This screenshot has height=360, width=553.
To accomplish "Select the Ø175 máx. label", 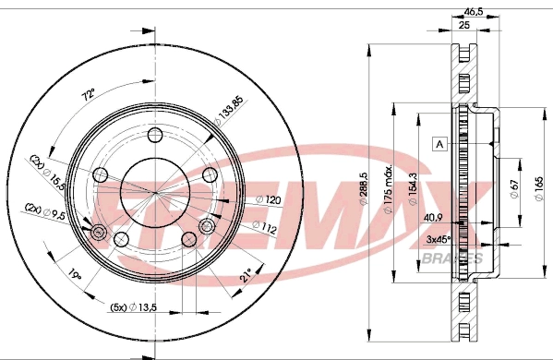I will (x=392, y=190).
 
